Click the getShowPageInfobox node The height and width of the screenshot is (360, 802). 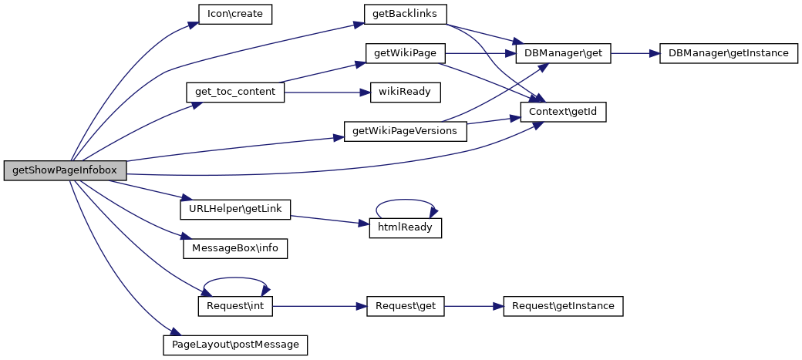65,170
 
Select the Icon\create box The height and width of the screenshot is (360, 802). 236,15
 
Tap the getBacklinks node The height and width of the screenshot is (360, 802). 405,15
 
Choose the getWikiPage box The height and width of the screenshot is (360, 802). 405,54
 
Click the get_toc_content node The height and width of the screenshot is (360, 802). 235,93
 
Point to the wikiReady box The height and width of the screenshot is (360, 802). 405,93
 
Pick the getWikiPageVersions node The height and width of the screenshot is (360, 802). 405,131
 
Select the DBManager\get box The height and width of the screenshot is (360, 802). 563,54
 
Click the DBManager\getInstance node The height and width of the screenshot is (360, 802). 728,54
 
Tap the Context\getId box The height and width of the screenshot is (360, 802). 563,112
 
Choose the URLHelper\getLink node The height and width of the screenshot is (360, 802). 234,209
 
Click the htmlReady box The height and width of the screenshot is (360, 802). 405,228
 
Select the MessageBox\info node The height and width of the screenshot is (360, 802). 234,248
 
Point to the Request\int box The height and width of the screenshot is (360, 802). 235,306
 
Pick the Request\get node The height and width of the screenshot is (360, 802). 405,306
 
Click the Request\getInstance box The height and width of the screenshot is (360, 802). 563,306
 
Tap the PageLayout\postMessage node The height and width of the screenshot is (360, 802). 235,345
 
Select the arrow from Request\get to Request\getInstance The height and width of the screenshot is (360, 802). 473,306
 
